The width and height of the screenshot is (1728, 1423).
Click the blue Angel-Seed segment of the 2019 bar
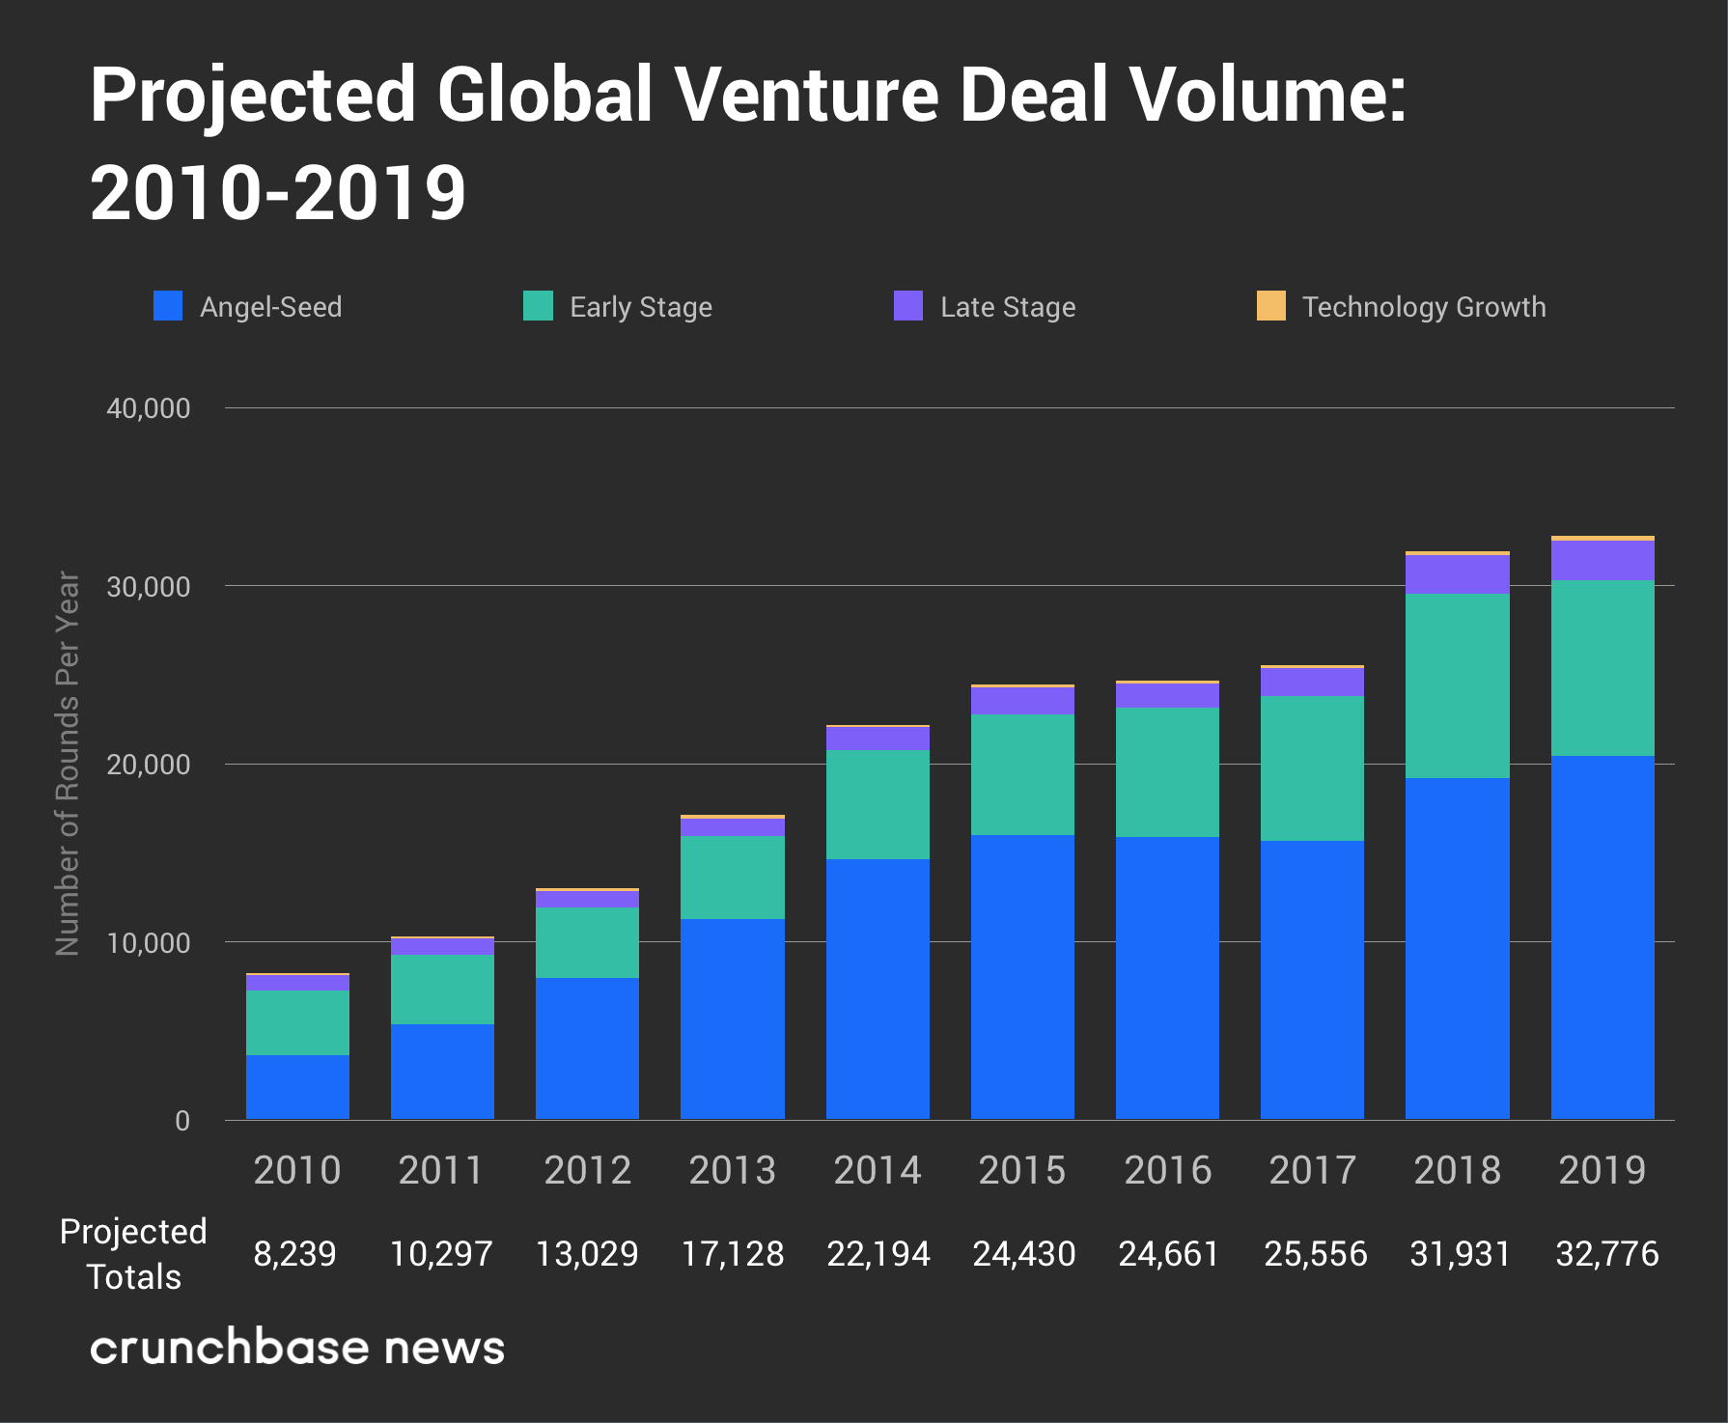(x=1603, y=936)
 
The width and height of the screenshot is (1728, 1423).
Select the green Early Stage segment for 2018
(x=1458, y=685)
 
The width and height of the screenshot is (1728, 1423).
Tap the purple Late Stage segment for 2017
(x=1312, y=683)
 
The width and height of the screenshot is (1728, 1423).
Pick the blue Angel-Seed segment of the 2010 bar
(x=297, y=1087)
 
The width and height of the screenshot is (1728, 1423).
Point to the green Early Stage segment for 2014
(x=878, y=804)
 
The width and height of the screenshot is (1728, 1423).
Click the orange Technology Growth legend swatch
(x=1270, y=306)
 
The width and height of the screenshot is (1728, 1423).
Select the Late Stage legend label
(x=1008, y=307)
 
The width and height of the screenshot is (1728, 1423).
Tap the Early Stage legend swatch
(x=538, y=306)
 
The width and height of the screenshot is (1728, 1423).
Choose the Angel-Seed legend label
(x=270, y=307)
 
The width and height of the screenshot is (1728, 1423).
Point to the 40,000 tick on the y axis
(x=149, y=408)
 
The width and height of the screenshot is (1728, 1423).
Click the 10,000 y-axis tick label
(x=149, y=943)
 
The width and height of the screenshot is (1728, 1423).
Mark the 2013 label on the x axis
(x=732, y=1170)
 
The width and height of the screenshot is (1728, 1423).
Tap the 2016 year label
(x=1167, y=1170)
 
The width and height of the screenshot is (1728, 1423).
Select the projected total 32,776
(x=1607, y=1254)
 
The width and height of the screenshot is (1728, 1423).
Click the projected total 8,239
(x=294, y=1254)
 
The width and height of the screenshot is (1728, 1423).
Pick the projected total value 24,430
(x=1023, y=1254)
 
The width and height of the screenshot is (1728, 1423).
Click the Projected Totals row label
(x=133, y=1254)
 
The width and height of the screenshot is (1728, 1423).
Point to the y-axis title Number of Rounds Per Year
(x=68, y=763)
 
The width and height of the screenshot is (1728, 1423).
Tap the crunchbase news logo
(x=297, y=1347)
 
